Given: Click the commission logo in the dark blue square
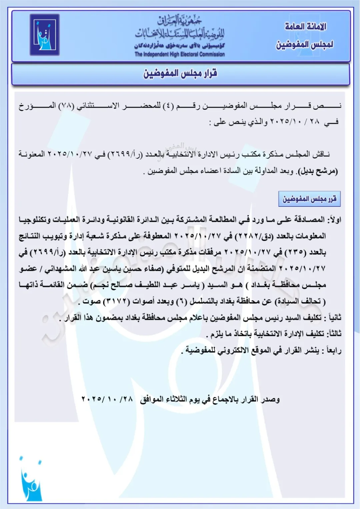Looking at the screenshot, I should click(x=45, y=35).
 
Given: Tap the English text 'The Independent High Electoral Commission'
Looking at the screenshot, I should click(x=180, y=54).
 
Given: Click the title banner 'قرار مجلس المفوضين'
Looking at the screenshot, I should click(x=180, y=73).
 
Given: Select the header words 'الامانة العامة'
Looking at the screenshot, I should click(x=305, y=27).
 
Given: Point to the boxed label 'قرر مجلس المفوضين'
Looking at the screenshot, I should click(x=309, y=199).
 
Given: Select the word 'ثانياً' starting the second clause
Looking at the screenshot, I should click(x=334, y=318).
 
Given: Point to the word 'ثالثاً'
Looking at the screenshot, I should click(x=334, y=334).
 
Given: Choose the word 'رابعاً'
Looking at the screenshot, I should click(x=334, y=350).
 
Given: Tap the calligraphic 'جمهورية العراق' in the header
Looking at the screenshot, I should click(x=180, y=21).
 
